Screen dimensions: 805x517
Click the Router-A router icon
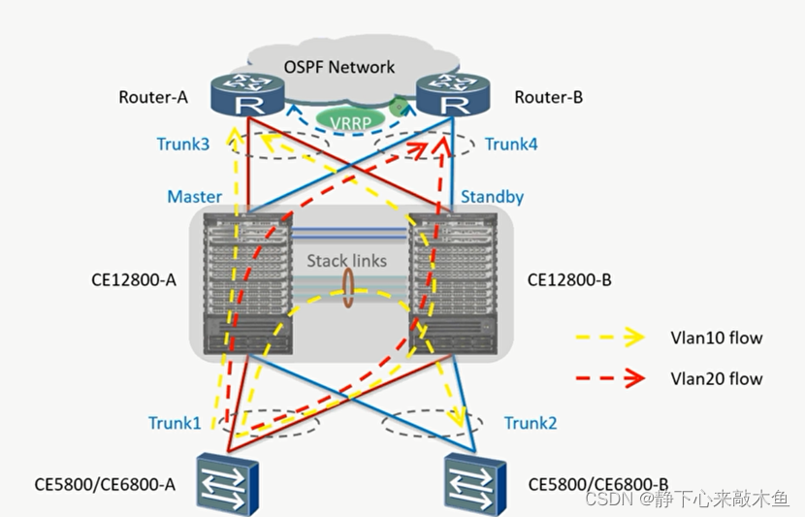247,94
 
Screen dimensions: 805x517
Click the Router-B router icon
453,94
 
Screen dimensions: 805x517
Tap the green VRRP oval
350,121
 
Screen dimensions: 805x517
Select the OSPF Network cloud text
339,67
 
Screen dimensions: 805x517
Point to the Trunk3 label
183,144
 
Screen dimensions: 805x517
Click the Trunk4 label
511,144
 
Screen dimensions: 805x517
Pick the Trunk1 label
175,423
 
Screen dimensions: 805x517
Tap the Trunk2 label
531,423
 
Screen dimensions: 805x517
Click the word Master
195,197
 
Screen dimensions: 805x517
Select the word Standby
493,197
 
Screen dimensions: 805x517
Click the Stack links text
346,261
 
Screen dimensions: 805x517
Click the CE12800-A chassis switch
248,283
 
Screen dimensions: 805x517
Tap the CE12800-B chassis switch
453,283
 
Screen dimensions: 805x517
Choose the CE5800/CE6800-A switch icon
227,484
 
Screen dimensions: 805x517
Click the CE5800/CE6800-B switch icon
475,484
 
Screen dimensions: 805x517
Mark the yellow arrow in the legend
610,338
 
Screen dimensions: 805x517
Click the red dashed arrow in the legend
610,378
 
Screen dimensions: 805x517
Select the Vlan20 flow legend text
716,379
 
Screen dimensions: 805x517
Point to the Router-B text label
548,97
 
